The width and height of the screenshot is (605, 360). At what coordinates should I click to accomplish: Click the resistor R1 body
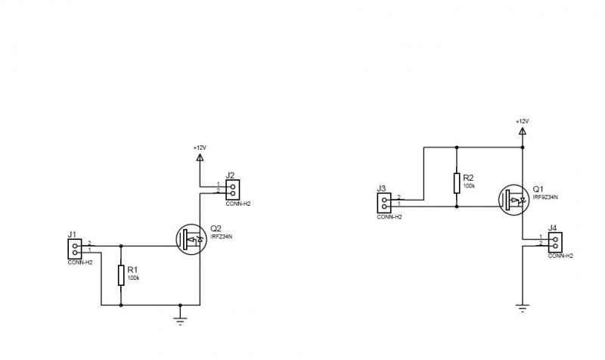tap(121, 275)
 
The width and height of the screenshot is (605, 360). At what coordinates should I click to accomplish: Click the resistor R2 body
tap(457, 182)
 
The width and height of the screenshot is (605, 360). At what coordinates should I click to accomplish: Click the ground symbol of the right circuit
tap(522, 307)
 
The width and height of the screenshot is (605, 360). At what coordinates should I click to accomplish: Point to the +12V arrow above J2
tap(200, 158)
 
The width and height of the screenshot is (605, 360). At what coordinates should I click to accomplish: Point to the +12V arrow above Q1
tap(522, 132)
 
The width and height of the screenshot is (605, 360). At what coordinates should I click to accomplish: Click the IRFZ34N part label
tap(221, 237)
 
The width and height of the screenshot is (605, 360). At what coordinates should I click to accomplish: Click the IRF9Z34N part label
tap(544, 197)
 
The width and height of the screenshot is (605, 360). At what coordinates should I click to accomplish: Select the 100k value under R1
tap(134, 278)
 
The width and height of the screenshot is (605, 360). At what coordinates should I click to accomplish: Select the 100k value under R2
tap(469, 185)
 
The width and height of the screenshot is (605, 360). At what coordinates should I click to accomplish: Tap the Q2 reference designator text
tap(216, 228)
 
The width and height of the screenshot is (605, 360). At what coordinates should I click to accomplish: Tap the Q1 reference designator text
tap(538, 188)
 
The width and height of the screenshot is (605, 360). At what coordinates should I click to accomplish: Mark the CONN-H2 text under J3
tap(389, 217)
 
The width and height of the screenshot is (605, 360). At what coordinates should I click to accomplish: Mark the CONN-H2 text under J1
tap(79, 262)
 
